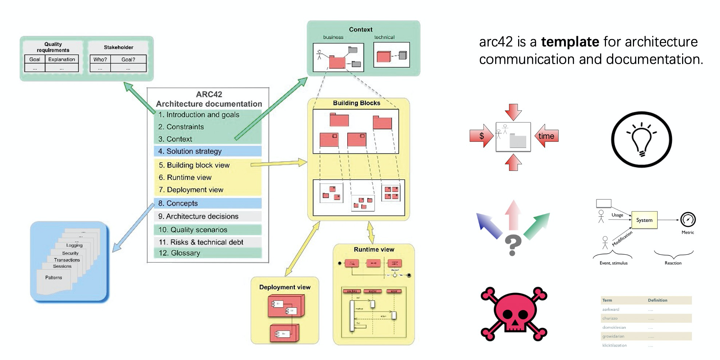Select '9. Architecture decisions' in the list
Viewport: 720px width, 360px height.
click(198, 216)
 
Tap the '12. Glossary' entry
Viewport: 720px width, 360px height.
click(179, 253)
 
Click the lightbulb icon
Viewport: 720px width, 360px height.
click(641, 139)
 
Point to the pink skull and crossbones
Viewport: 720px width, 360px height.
click(514, 314)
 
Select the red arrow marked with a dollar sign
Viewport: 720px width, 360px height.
click(481, 136)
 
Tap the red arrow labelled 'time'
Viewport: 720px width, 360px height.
click(546, 136)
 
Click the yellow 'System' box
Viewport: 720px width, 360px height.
click(644, 220)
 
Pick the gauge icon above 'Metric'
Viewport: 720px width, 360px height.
click(688, 219)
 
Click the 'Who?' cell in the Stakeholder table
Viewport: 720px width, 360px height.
click(100, 59)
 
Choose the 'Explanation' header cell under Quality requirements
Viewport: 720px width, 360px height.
click(62, 59)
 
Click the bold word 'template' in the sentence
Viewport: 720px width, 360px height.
click(570, 42)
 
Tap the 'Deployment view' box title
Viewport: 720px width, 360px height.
click(285, 287)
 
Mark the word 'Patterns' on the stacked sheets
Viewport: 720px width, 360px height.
click(54, 278)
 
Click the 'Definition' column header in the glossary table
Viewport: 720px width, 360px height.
click(657, 300)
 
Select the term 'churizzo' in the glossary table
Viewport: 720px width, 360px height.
click(610, 318)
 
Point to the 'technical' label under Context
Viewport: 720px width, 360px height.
click(384, 37)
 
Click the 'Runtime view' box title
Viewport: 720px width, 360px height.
click(374, 250)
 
